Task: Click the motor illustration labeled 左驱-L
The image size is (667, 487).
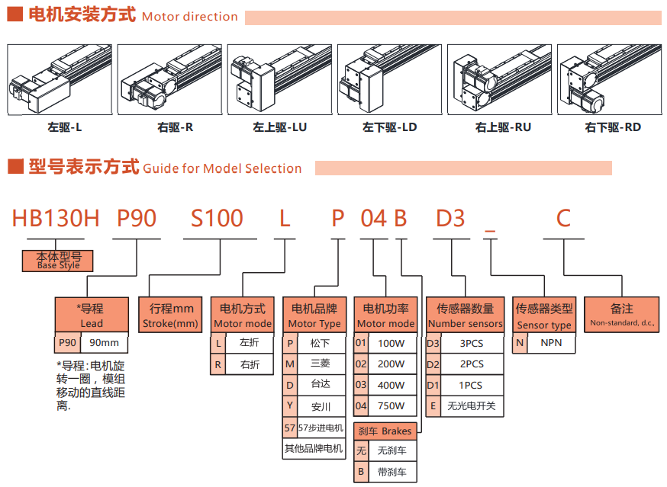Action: click(60, 79)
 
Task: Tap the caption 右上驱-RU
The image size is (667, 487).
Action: click(503, 127)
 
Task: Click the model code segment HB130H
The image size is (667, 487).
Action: click(56, 219)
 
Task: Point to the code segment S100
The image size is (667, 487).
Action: click(217, 219)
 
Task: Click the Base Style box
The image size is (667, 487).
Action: click(57, 261)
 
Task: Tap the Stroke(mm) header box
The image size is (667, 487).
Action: click(171, 316)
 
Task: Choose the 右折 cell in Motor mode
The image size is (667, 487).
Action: click(249, 365)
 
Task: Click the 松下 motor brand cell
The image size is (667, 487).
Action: click(321, 344)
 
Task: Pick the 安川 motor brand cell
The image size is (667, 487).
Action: click(321, 406)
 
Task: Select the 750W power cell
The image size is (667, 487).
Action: click(392, 406)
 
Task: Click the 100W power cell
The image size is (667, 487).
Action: click(392, 344)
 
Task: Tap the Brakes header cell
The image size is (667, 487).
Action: click(385, 431)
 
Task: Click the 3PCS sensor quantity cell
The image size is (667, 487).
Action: click(472, 344)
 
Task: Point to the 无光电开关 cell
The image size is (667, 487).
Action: click(472, 406)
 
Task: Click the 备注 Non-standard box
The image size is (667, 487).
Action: click(622, 316)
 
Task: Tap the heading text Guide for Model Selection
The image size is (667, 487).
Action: click(222, 168)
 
